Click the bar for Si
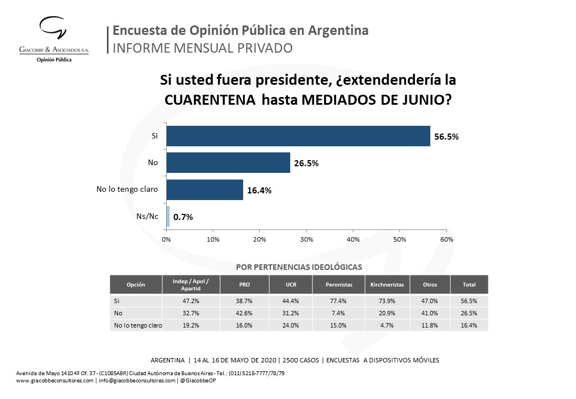click(298, 136)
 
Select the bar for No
click(228, 163)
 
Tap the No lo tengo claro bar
click(204, 190)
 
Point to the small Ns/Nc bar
click(168, 217)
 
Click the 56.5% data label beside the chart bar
click(446, 137)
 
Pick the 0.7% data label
click(183, 217)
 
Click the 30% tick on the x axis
click(306, 239)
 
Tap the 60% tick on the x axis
click(446, 239)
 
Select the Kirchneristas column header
click(387, 285)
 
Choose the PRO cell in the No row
click(244, 313)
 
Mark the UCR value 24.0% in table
click(291, 326)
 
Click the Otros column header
click(429, 285)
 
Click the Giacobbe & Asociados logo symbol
click(53, 32)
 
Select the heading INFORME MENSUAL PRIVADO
click(202, 48)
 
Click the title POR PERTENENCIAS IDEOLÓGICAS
click(299, 267)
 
